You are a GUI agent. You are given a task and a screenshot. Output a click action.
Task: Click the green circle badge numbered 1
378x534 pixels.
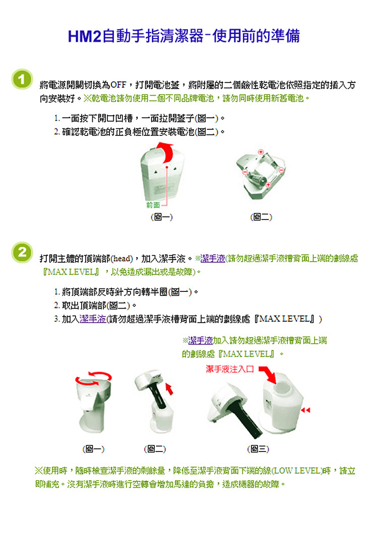click(x=22, y=79)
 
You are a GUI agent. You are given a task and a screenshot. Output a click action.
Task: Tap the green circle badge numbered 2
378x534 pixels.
click(x=22, y=252)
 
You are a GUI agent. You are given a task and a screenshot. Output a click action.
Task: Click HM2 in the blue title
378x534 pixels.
click(x=84, y=36)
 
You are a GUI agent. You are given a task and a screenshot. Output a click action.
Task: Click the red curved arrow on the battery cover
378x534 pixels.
click(x=165, y=152)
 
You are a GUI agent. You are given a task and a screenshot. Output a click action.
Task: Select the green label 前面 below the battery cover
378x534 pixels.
click(x=153, y=205)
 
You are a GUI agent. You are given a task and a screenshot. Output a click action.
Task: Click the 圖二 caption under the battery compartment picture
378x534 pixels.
click(x=261, y=217)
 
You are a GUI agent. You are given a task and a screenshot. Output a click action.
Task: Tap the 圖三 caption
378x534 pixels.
click(x=258, y=449)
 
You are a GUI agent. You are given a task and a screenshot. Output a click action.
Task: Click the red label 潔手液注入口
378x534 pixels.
click(x=230, y=369)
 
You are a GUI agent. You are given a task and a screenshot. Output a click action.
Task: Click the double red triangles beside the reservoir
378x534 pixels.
click(x=305, y=410)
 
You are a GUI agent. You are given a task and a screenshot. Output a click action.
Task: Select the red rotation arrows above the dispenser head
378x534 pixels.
click(x=93, y=378)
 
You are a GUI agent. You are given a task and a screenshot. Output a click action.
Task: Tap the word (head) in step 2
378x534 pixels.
click(x=122, y=259)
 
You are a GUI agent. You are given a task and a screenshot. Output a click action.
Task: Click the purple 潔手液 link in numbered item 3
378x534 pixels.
click(x=93, y=319)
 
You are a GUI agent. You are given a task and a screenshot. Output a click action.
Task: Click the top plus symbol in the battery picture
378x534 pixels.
click(x=261, y=152)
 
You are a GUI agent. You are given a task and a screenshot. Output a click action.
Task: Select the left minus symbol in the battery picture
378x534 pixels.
click(x=244, y=172)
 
